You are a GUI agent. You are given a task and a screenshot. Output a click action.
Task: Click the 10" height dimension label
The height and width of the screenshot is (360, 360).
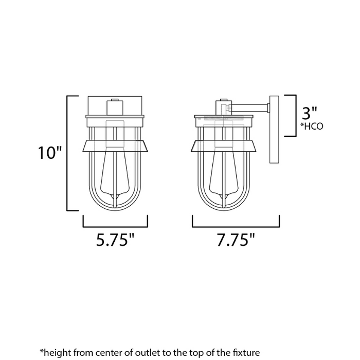click(x=50, y=153)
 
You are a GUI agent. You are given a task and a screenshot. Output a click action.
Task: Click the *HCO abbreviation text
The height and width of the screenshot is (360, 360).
click(x=313, y=127)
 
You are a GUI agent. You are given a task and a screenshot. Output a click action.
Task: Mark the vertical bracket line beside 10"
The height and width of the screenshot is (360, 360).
click(x=68, y=153)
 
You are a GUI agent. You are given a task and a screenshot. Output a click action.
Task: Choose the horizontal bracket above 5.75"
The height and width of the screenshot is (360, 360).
click(x=116, y=226)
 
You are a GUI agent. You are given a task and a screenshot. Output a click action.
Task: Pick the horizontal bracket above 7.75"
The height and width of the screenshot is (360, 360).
click(x=236, y=226)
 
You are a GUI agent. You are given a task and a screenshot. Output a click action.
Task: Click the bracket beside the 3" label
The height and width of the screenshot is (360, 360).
click(x=296, y=115)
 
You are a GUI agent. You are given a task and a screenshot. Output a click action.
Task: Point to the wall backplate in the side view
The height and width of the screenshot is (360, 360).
click(x=274, y=129)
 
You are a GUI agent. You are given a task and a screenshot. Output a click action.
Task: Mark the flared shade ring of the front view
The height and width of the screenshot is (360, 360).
click(x=115, y=147)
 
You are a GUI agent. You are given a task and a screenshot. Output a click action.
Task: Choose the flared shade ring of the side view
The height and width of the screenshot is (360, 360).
click(x=224, y=147)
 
